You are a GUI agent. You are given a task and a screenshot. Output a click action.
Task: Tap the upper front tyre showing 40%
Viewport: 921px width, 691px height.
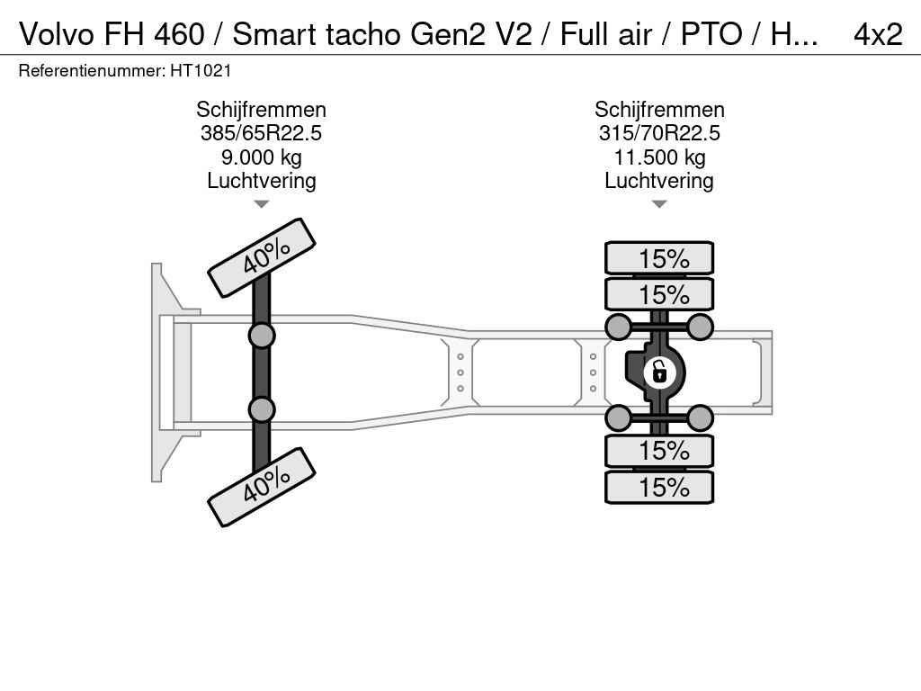(262, 258)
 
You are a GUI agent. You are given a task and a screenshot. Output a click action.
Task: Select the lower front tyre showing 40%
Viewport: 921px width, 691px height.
(262, 487)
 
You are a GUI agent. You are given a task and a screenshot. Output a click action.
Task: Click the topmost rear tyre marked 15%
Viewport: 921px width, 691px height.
(659, 258)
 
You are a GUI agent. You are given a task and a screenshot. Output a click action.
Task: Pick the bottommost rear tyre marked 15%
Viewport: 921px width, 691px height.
(659, 487)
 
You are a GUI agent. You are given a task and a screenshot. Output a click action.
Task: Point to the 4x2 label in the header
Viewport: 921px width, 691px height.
(878, 34)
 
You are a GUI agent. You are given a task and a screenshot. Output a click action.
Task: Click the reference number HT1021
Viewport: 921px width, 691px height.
(201, 71)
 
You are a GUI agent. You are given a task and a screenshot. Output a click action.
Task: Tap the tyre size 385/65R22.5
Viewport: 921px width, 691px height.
(261, 133)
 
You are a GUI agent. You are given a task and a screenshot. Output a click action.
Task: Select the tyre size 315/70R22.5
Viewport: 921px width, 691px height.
(659, 133)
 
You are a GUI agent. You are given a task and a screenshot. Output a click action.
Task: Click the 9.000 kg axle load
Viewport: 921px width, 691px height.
(262, 157)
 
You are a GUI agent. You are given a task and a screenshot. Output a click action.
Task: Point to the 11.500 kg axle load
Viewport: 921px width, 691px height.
(659, 157)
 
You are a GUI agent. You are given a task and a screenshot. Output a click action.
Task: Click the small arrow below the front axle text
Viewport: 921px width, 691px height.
(262, 204)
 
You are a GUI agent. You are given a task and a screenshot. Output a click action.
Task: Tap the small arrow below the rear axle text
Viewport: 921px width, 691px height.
(659, 204)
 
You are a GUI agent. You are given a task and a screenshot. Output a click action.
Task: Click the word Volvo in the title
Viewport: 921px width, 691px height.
(57, 34)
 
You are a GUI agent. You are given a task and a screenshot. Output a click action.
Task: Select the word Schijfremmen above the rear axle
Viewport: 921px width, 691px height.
(659, 110)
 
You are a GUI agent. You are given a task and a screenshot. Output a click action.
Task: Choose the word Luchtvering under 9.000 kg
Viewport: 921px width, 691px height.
(262, 181)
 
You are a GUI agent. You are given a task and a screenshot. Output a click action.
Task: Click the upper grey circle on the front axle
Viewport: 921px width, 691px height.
(262, 337)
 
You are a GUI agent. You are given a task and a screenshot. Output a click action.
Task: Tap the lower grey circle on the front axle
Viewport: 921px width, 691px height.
(262, 409)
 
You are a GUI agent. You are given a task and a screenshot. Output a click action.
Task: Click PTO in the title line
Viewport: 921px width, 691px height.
(711, 34)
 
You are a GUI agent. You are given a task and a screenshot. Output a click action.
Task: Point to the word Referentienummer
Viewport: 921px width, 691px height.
(92, 71)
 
